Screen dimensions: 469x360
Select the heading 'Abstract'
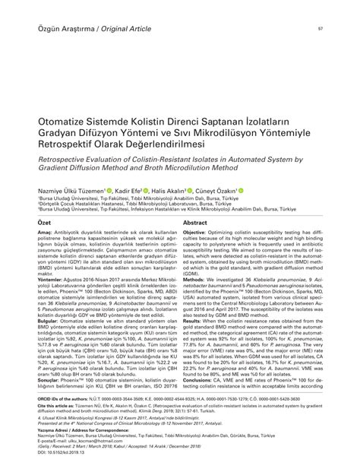(x=197, y=217)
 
